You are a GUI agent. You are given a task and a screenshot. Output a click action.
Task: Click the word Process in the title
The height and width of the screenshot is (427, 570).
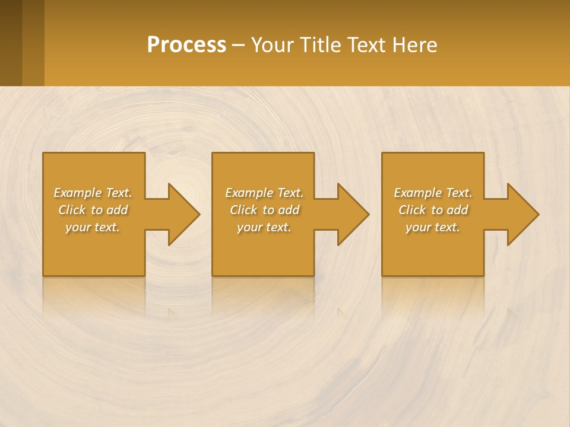pyautogui.click(x=186, y=45)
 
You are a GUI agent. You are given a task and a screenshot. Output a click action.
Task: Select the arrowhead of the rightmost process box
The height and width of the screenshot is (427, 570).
pyautogui.click(x=522, y=214)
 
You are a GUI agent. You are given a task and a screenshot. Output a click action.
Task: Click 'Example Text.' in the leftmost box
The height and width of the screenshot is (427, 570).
pyautogui.click(x=93, y=193)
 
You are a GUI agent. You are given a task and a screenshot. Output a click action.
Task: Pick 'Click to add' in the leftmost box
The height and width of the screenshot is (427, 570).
pyautogui.click(x=93, y=210)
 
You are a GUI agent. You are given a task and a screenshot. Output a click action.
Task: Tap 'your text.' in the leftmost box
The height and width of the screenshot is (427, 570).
pyautogui.click(x=93, y=227)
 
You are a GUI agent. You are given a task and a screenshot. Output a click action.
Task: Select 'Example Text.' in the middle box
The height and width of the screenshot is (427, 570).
pyautogui.click(x=264, y=193)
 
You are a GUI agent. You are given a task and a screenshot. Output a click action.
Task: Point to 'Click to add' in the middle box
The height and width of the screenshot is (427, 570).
pyautogui.click(x=264, y=210)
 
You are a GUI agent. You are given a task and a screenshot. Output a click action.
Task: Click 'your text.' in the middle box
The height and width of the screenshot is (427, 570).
pyautogui.click(x=264, y=227)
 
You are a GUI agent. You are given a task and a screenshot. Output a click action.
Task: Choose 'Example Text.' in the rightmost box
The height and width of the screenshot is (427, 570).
pyautogui.click(x=433, y=193)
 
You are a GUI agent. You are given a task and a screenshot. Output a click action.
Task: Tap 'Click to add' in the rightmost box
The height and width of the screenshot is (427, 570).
pyautogui.click(x=433, y=210)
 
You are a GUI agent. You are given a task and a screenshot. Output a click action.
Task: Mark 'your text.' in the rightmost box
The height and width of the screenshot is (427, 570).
pyautogui.click(x=433, y=227)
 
